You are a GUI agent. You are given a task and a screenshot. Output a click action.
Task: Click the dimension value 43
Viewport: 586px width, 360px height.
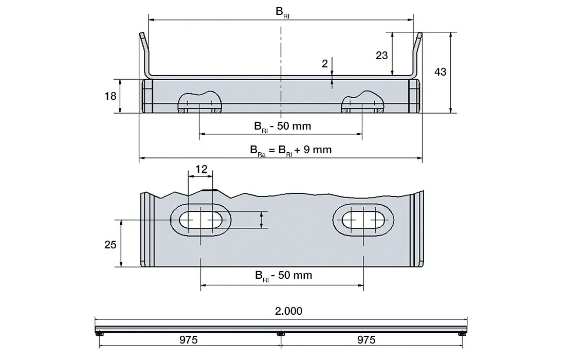[440, 72]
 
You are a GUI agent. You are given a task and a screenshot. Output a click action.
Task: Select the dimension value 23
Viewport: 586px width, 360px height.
[381, 55]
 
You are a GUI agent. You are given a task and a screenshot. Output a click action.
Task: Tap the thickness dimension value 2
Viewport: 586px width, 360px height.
[324, 64]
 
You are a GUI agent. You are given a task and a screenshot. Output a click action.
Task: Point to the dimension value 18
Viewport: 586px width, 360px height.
[110, 96]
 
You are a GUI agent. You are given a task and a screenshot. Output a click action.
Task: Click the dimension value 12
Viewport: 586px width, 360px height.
[201, 169]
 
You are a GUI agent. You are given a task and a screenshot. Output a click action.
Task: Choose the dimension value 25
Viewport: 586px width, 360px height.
[111, 244]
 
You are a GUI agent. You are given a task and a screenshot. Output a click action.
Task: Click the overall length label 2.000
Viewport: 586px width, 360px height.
[288, 311]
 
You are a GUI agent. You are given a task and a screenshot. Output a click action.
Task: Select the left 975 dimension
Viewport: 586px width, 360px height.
[188, 340]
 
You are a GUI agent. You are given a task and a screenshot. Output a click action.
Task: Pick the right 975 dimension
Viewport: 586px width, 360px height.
[365, 340]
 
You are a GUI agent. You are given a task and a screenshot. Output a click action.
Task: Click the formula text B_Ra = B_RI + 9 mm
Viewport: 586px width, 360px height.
[291, 150]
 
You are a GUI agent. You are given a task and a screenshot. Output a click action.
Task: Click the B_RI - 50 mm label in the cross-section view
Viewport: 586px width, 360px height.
[283, 126]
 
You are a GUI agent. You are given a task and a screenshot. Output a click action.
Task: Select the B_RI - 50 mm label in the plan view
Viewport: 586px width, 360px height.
[284, 275]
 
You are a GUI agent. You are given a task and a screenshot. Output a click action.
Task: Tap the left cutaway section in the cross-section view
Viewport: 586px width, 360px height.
[200, 102]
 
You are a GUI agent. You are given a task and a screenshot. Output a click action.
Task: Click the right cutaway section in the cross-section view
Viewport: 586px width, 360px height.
[363, 102]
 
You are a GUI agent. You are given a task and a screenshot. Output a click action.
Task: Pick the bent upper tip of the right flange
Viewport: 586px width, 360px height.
[420, 37]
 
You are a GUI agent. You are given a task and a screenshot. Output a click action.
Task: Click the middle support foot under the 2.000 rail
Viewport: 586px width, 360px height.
[280, 335]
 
